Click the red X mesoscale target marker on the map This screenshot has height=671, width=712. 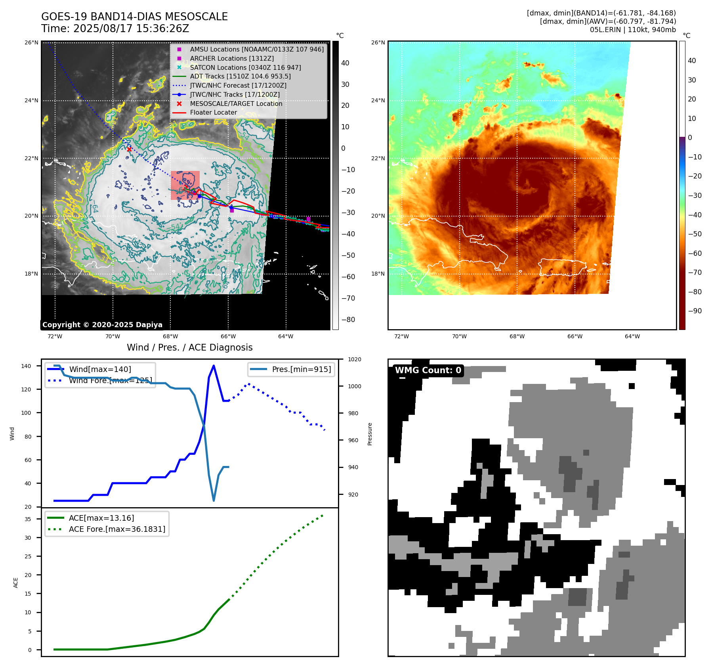129,149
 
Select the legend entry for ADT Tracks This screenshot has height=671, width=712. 240,77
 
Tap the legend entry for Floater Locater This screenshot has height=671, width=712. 213,113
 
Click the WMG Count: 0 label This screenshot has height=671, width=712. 428,370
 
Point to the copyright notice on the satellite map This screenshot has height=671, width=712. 102,325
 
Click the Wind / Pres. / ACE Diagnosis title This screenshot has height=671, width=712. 189,347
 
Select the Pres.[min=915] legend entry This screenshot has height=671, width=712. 301,370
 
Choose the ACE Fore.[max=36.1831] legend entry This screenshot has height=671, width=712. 117,529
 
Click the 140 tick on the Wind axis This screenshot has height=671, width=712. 26,366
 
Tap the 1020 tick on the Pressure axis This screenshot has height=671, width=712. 355,360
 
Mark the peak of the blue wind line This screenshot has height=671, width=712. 214,366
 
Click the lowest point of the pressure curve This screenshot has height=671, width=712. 214,500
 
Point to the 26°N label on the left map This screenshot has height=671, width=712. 32,43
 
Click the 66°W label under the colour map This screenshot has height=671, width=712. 575,337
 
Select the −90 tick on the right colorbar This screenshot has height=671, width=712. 695,311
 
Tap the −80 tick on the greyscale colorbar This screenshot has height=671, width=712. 348,320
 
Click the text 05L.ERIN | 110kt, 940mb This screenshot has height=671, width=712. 633,30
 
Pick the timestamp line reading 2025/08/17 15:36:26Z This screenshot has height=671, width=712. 115,29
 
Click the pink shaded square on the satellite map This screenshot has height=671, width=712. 185,185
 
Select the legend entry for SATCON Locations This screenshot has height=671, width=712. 245,67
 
